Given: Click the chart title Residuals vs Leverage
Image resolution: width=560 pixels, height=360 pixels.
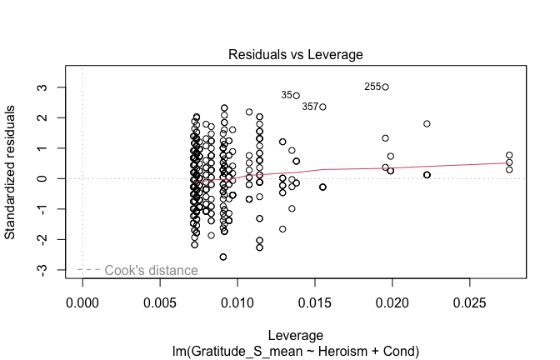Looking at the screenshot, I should tap(296, 55).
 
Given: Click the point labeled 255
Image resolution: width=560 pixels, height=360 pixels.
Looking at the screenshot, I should tap(385, 87).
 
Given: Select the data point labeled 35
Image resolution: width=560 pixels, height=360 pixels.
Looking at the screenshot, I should tap(296, 96).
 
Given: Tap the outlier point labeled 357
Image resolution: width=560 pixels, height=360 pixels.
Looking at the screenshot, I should tap(322, 107).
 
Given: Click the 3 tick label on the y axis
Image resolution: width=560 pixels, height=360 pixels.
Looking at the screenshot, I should tap(52, 87).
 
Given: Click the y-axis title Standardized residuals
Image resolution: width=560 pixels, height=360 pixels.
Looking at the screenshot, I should tap(12, 171).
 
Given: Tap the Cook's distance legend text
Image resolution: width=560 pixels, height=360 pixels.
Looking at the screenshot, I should tap(151, 270).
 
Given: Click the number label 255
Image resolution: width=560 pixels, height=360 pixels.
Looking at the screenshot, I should tap(372, 87).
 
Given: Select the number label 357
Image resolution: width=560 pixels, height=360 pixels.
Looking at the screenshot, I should tap(309, 107).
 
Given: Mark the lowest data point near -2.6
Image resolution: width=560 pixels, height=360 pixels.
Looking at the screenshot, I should tap(222, 257).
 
